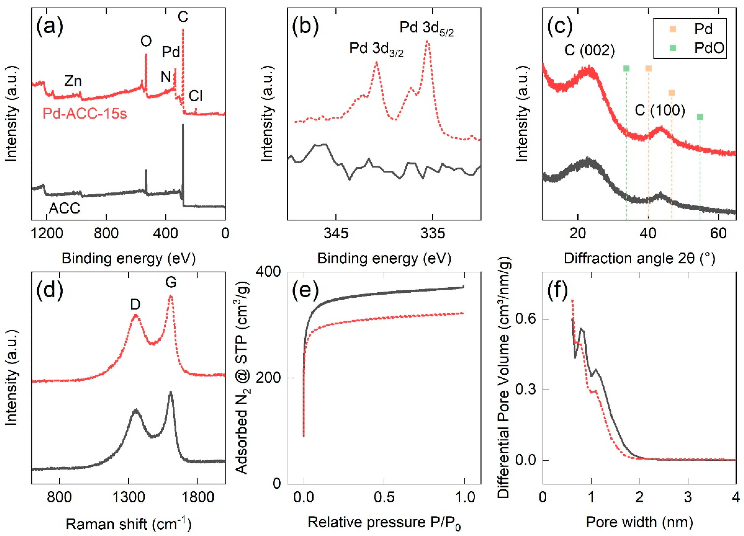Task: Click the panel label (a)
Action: pos(50,28)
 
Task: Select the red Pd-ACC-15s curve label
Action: pos(85,114)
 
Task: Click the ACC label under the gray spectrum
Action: pos(65,208)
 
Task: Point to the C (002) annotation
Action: pos(590,51)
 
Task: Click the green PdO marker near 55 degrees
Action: pos(700,117)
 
